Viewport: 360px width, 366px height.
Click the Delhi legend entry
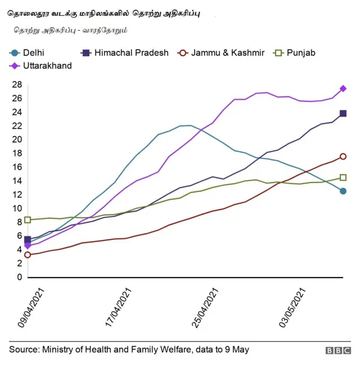coord(28,53)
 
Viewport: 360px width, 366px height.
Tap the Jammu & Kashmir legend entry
coord(222,53)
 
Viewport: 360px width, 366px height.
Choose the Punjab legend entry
coord(295,53)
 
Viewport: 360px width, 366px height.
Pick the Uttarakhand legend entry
coord(42,65)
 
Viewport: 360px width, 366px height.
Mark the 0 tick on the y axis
coord(19,277)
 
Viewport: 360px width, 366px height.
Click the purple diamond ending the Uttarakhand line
coord(343,88)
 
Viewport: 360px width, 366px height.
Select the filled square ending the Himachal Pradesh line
coord(343,113)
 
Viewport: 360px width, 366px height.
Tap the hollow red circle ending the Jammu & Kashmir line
coord(343,157)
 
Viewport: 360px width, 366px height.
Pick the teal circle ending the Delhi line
coord(343,191)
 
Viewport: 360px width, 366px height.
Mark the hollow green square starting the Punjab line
coord(28,220)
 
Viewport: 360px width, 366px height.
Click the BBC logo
coord(337,350)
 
